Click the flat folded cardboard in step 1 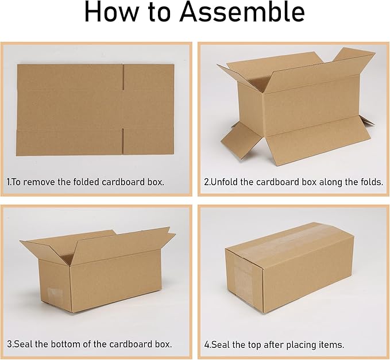pyautogui.click(x=69, y=109)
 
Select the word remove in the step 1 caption pyautogui.click(x=46, y=182)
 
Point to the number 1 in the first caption pyautogui.click(x=8, y=182)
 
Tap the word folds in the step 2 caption pyautogui.click(x=369, y=182)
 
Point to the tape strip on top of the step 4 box pyautogui.click(x=293, y=236)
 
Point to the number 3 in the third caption pyautogui.click(x=9, y=344)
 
